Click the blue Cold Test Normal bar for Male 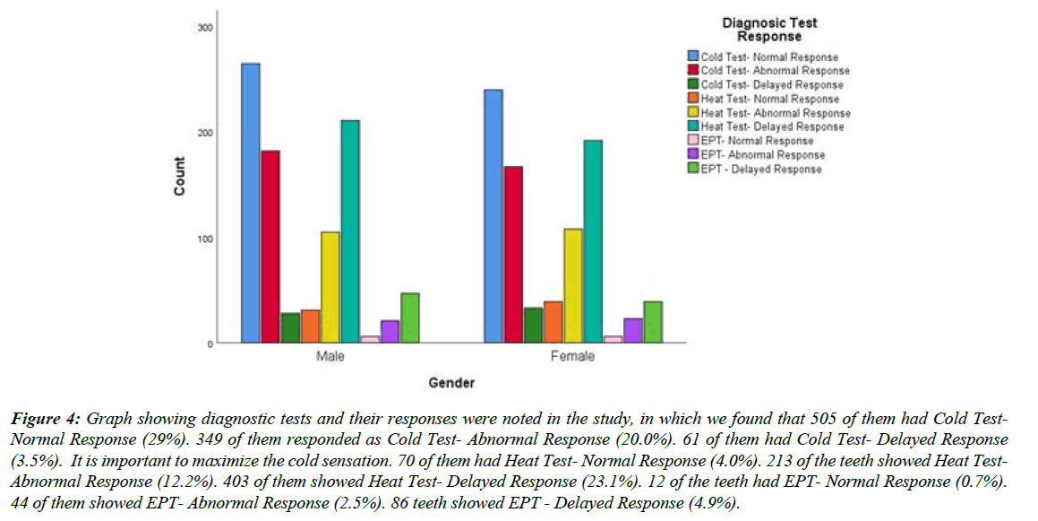pos(251,203)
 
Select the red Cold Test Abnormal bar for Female pos(513,255)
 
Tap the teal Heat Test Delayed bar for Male pos(350,231)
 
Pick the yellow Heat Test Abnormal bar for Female pos(572,286)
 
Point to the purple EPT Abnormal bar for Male pos(390,332)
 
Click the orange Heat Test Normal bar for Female pos(553,322)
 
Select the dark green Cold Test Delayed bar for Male pos(290,328)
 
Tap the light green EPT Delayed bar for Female pos(653,322)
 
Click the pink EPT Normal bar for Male pos(370,339)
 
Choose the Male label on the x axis pos(330,357)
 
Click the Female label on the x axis pos(573,357)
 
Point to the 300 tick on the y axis pos(205,28)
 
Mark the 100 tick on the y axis pos(205,239)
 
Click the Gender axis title pos(450,384)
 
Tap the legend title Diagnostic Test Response pos(769,30)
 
